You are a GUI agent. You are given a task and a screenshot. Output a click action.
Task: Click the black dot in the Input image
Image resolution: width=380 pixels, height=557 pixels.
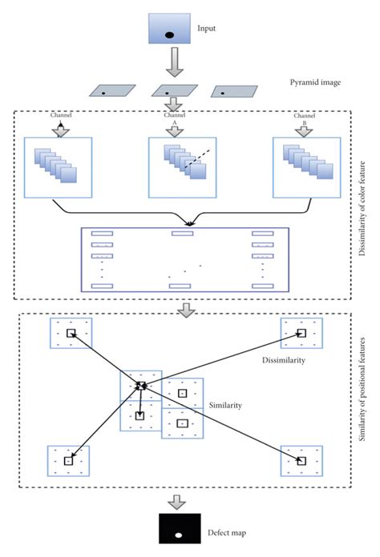(x=169, y=34)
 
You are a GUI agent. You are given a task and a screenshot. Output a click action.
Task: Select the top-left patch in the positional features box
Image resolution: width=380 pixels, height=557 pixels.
(x=71, y=333)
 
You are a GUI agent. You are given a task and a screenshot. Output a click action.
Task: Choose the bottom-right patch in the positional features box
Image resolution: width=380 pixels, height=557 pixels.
(x=301, y=460)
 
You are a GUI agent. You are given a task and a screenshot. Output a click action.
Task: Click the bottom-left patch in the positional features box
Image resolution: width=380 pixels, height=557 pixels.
(x=69, y=461)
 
